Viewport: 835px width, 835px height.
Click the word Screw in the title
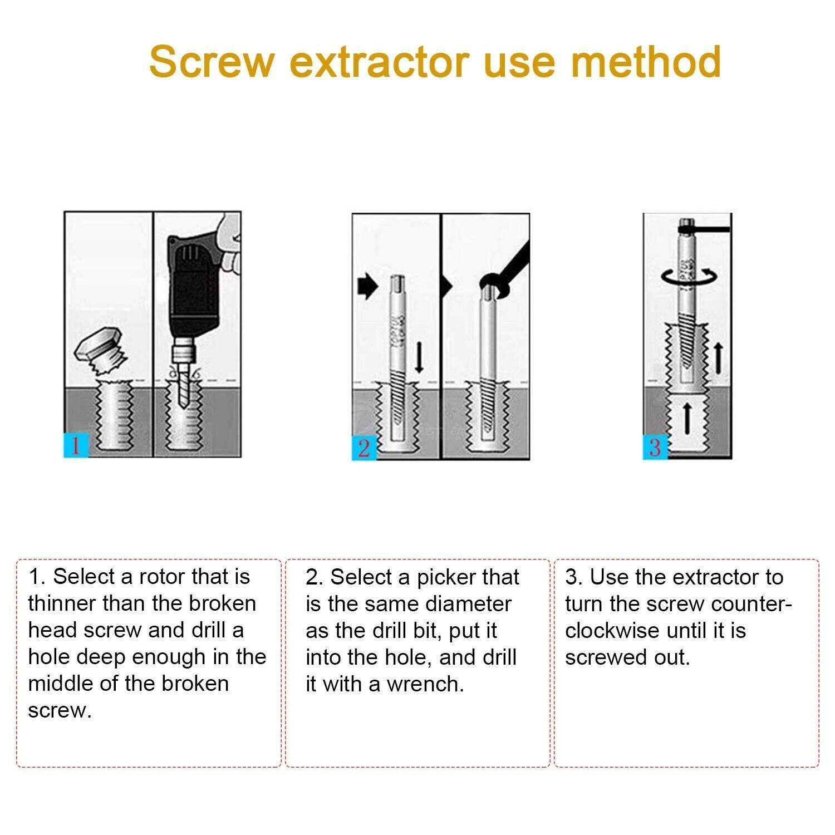pyautogui.click(x=212, y=61)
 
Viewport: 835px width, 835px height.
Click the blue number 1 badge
pyautogui.click(x=76, y=445)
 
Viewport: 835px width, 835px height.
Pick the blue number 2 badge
pyautogui.click(x=364, y=448)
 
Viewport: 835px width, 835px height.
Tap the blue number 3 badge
pyautogui.click(x=655, y=447)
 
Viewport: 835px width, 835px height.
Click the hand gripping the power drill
pyautogui.click(x=228, y=242)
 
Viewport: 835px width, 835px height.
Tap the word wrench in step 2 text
pyautogui.click(x=425, y=684)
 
